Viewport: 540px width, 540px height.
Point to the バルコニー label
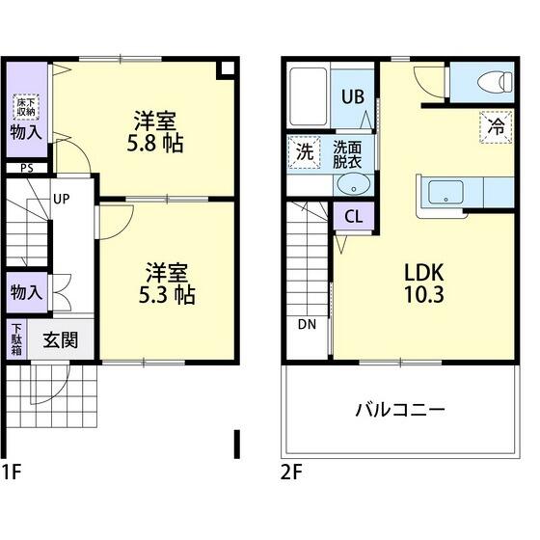point(399,410)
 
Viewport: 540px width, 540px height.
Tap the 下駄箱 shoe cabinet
point(17,339)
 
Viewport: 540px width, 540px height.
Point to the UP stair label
point(61,201)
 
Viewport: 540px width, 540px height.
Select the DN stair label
point(307,323)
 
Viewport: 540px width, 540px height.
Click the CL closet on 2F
point(353,215)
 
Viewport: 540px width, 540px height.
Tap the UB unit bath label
point(353,96)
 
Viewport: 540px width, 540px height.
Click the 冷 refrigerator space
point(496,125)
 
